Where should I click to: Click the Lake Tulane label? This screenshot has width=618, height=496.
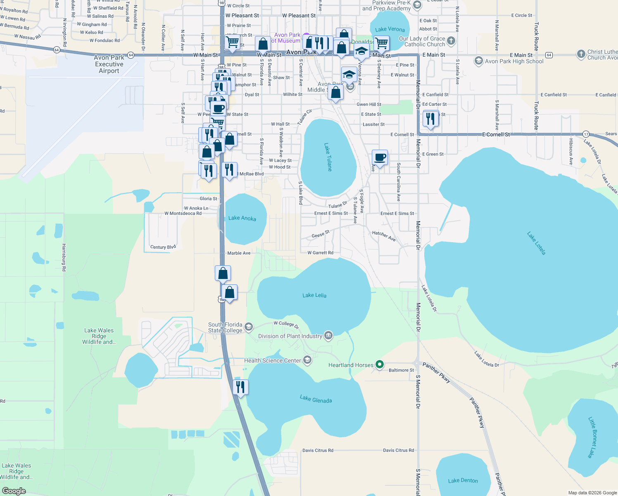328,157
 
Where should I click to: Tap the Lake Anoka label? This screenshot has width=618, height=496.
242,218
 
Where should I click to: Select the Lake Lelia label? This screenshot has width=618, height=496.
314,295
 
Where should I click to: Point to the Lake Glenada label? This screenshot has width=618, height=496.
316,399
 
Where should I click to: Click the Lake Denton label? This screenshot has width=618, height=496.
463,480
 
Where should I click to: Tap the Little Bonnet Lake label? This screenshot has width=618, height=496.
592,437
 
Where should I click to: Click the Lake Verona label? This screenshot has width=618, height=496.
390,29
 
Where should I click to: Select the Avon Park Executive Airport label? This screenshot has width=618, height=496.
109,64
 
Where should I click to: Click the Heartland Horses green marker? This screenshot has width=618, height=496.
379,365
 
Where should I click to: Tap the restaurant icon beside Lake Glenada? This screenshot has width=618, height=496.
240,387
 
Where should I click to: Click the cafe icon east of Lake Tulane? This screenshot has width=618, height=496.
380,157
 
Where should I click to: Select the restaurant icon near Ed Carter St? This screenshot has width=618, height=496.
430,119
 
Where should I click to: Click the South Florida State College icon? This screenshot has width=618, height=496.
249,327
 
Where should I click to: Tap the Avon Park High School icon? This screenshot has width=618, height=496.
478,61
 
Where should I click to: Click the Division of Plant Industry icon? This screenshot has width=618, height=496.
328,336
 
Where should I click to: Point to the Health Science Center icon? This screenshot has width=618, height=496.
307,360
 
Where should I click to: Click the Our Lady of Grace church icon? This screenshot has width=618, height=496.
451,41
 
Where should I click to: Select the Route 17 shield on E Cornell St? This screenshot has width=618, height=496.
586,134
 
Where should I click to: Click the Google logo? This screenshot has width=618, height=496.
14,491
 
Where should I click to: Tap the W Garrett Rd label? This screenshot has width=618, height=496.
320,253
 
